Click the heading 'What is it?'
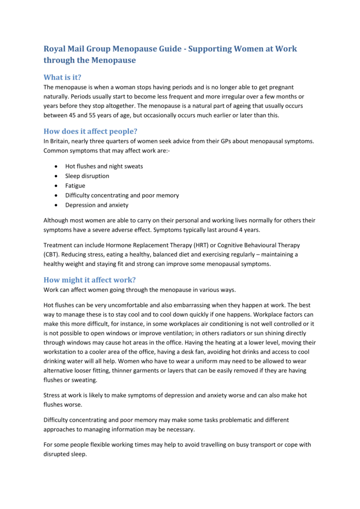(63, 77)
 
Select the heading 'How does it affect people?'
(90, 131)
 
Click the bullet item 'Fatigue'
(75, 185)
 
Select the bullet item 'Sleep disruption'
(87, 176)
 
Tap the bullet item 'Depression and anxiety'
(96, 205)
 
